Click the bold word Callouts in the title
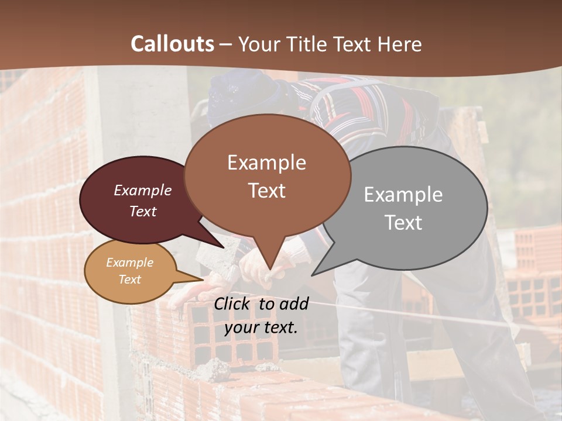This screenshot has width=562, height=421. [172, 44]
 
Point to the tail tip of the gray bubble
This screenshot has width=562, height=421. [314, 274]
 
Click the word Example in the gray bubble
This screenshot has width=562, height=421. [403, 195]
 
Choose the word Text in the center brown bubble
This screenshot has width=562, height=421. [267, 191]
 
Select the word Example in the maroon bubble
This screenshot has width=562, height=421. [143, 191]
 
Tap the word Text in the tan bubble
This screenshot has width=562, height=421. [130, 279]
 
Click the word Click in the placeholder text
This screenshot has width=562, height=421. [233, 303]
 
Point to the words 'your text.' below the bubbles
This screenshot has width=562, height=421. [261, 327]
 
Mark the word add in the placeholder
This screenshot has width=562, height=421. [294, 303]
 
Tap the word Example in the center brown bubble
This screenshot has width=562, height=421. [267, 163]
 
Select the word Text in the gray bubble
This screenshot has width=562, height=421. [403, 223]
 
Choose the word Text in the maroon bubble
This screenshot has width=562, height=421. [143, 212]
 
